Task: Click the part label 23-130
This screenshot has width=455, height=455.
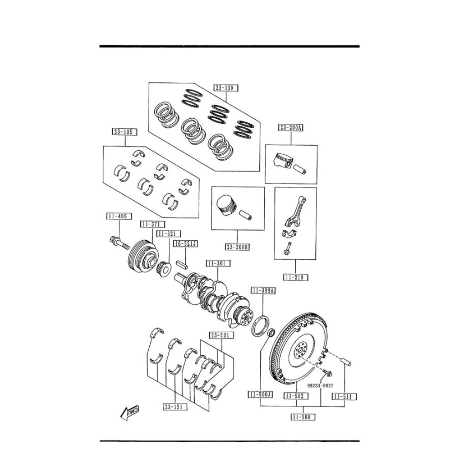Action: tap(226, 88)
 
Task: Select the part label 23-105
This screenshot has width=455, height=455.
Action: tap(125, 132)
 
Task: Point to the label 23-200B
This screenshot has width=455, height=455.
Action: tap(238, 247)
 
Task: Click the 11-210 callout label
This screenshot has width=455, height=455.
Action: tap(295, 278)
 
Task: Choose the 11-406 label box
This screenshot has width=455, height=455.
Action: tap(119, 216)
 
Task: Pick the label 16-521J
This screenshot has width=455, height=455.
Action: tap(186, 244)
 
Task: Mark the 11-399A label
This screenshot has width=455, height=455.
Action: tap(263, 290)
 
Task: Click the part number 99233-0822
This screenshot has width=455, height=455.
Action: tap(320, 386)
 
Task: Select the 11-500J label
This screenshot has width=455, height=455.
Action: tap(260, 394)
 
